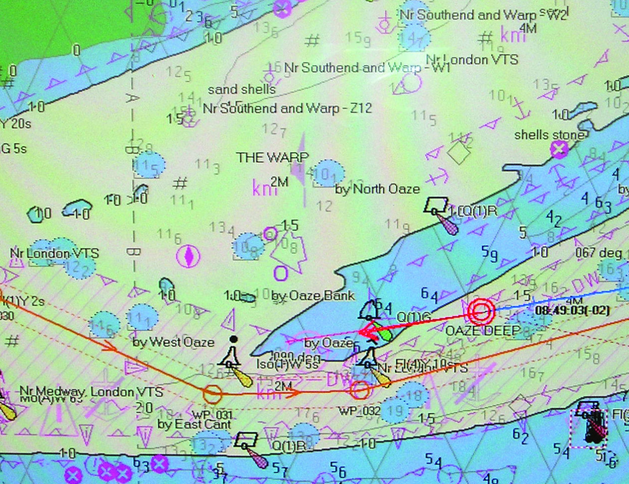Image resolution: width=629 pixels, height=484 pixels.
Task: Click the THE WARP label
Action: click(272, 158)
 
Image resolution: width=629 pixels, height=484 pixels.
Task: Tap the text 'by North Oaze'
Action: click(377, 189)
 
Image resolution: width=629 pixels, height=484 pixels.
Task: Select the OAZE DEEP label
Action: click(482, 330)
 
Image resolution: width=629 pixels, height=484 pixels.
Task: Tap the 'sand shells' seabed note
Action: click(242, 89)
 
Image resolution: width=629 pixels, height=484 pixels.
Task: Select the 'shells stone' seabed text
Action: click(549, 135)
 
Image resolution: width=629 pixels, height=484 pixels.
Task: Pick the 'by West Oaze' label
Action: click(173, 342)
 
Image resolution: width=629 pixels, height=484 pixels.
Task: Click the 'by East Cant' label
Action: click(194, 425)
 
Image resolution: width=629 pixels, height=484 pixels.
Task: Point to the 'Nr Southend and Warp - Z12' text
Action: click(287, 108)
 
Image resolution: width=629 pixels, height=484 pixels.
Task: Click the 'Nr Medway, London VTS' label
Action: click(91, 391)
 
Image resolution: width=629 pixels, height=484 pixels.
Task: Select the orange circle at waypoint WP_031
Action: click(212, 393)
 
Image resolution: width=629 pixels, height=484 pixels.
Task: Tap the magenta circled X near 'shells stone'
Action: click(559, 149)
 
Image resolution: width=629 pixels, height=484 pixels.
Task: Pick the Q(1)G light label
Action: click(413, 316)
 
